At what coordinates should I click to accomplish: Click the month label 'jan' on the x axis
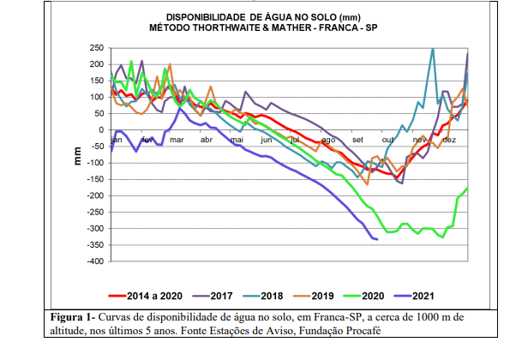[117, 138]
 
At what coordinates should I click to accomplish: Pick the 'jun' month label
[267, 138]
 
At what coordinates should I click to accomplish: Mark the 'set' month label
[357, 138]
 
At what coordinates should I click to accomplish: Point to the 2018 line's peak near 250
[433, 49]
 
